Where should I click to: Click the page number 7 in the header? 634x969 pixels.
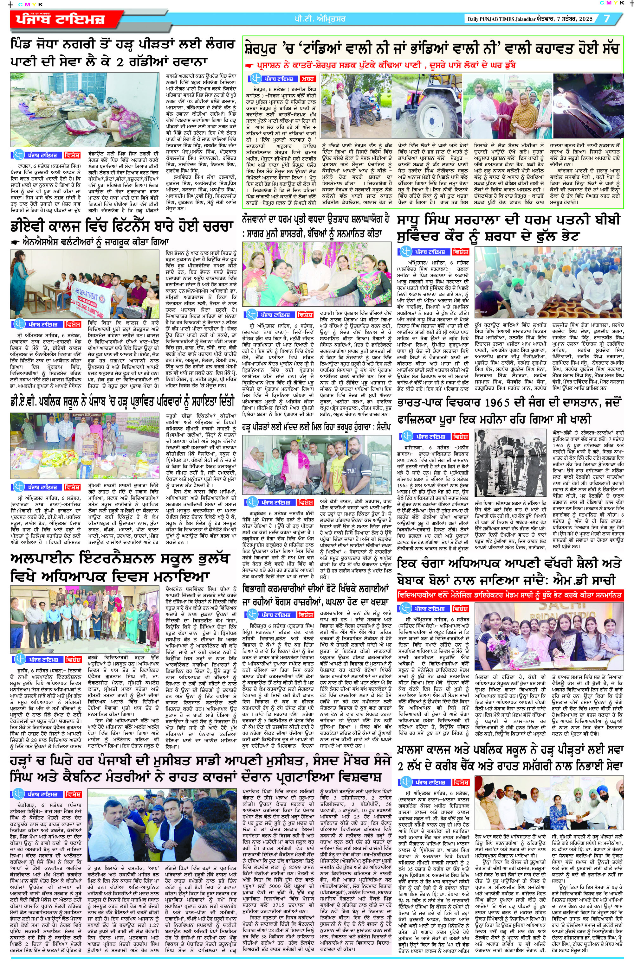point(606,19)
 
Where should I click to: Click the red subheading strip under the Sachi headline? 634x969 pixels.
point(510,595)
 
